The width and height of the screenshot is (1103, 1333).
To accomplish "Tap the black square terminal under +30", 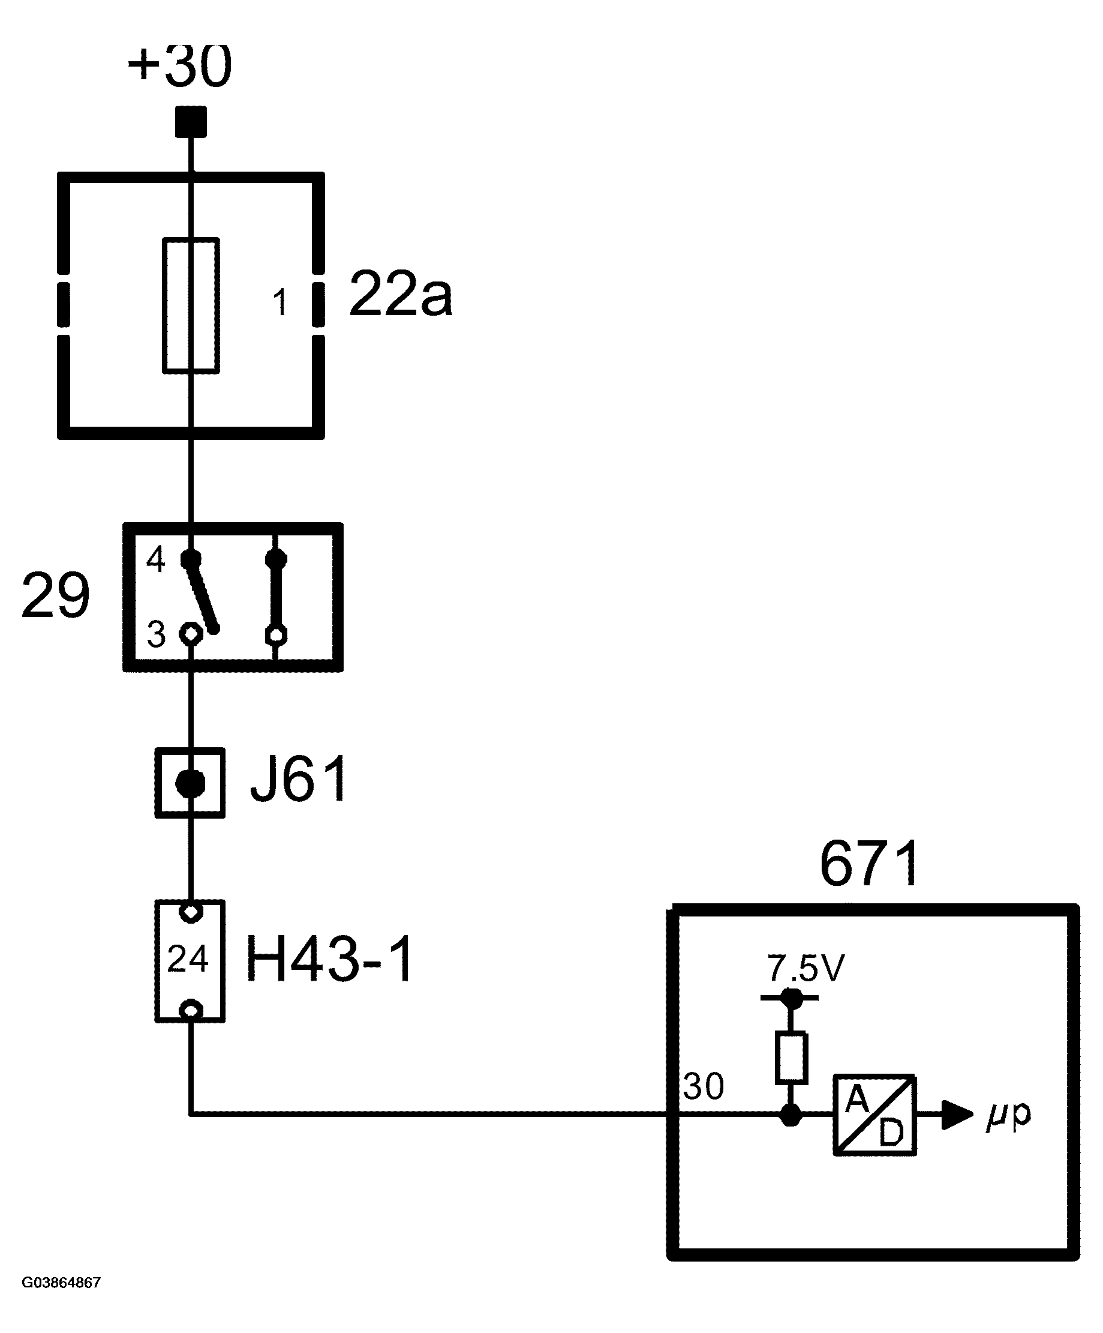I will pyautogui.click(x=191, y=122).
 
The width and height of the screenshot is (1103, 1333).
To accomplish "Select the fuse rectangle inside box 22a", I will pyautogui.click(x=191, y=305).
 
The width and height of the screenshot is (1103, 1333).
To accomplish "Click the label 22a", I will pyautogui.click(x=401, y=294).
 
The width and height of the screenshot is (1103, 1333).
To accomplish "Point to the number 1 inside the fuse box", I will pyautogui.click(x=279, y=302).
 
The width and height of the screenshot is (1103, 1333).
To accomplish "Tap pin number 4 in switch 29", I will pyautogui.click(x=155, y=560).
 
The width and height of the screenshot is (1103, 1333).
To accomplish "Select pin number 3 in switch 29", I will pyautogui.click(x=155, y=634).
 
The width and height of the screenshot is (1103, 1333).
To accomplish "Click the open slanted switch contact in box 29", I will pyautogui.click(x=202, y=595).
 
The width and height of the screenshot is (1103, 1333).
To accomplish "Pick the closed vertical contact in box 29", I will pyautogui.click(x=276, y=597).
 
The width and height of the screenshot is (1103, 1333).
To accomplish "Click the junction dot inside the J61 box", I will pyautogui.click(x=190, y=783).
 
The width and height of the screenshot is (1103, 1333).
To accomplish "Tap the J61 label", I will pyautogui.click(x=299, y=780).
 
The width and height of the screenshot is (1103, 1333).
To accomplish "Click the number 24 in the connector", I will pyautogui.click(x=188, y=959).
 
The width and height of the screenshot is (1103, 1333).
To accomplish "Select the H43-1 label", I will pyautogui.click(x=329, y=958).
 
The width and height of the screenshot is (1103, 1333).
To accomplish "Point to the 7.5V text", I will pyautogui.click(x=806, y=969).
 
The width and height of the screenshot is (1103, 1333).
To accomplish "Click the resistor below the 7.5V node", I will pyautogui.click(x=791, y=1058).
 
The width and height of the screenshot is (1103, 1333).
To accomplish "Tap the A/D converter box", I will pyautogui.click(x=874, y=1115).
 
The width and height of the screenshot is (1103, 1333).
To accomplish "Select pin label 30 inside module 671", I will pyautogui.click(x=704, y=1087).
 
